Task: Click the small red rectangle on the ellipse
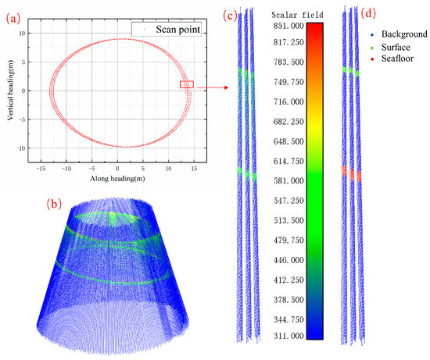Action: click(x=186, y=84)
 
